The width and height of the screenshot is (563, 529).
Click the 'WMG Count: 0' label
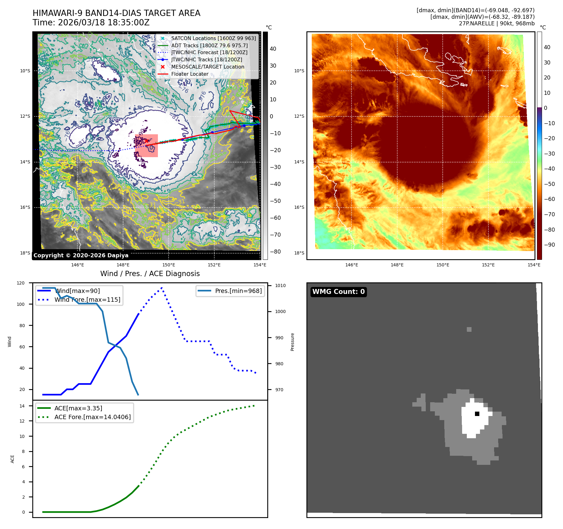[x=338, y=292]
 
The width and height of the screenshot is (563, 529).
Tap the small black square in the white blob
[x=477, y=414]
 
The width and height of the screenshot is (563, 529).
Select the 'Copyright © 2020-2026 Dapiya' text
[x=81, y=255]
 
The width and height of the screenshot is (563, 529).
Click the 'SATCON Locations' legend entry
[x=213, y=38]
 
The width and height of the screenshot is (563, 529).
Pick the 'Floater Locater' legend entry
[x=190, y=74]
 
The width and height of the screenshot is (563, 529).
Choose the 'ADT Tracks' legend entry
[x=209, y=45]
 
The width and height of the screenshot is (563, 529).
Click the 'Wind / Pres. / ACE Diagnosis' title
[x=150, y=274]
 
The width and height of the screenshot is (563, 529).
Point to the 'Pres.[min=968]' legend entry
[x=238, y=291]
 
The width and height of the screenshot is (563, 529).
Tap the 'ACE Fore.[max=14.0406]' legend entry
[x=92, y=417]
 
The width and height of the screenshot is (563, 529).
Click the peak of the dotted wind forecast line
[x=162, y=287]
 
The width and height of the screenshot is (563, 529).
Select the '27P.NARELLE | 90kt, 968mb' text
[x=497, y=23]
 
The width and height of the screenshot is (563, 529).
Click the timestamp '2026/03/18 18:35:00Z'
[x=104, y=23]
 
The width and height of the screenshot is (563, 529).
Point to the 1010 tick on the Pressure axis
[x=280, y=285]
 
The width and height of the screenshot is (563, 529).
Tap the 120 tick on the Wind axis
[x=21, y=283]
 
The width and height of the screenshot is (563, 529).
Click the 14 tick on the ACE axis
[x=22, y=406]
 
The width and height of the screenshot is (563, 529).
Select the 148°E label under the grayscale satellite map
[x=123, y=265]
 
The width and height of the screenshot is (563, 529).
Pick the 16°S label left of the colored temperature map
[x=299, y=207]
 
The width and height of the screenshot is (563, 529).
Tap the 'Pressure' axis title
[x=292, y=342]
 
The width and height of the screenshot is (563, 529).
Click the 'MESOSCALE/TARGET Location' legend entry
[x=207, y=67]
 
